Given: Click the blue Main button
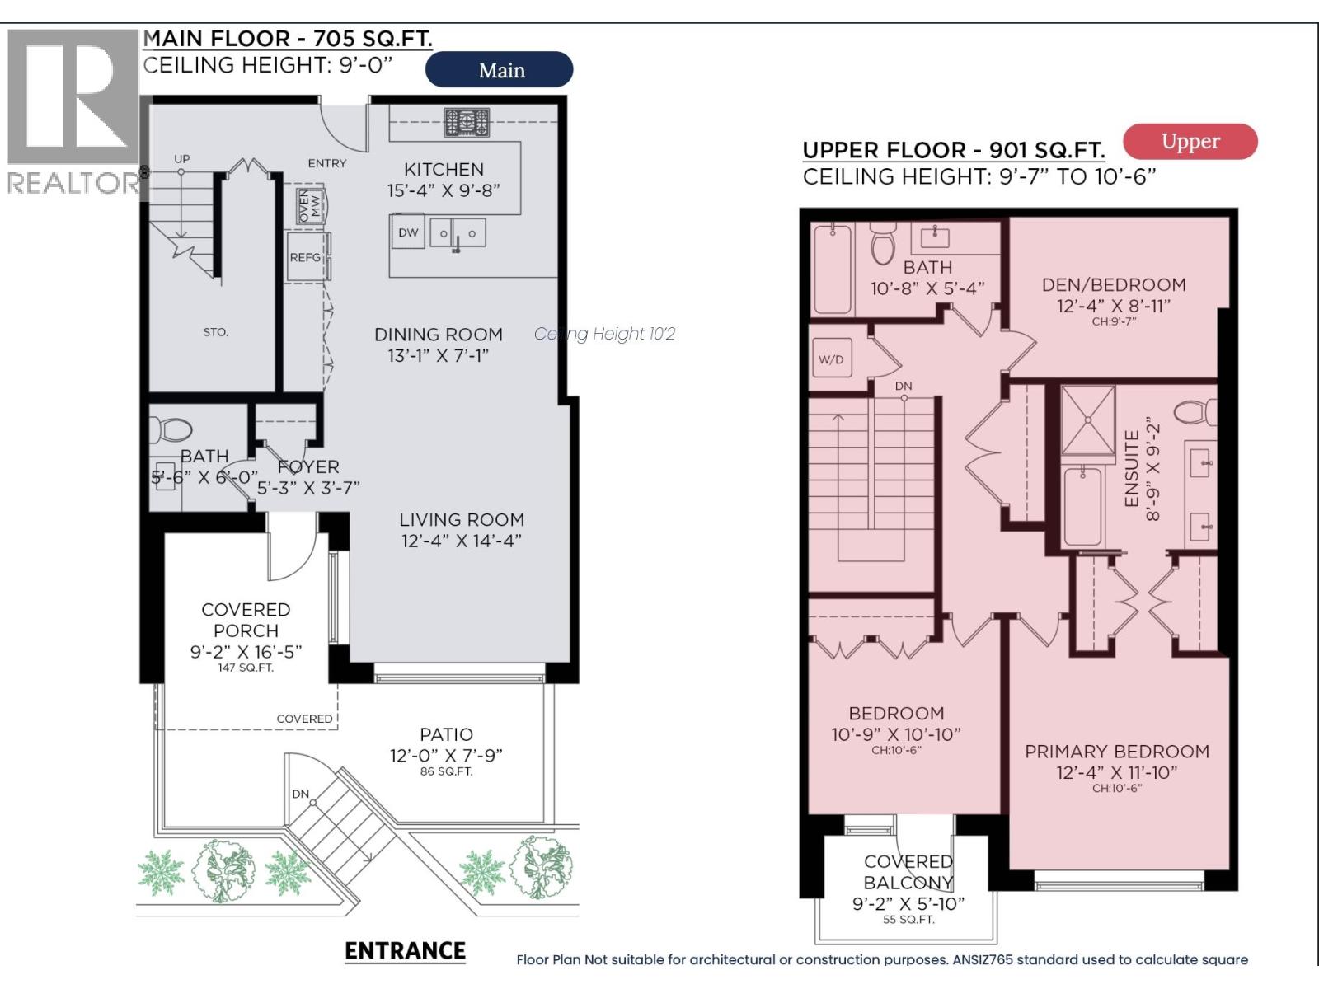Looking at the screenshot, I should point(499,70).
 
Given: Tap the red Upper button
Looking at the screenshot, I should point(1190,142).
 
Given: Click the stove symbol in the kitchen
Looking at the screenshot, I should point(467,123).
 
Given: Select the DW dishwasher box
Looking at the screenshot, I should point(408,232).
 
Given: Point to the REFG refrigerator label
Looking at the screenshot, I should point(305,258).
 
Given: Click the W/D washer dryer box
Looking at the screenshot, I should point(831,359).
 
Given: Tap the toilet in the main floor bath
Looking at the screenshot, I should point(172,429).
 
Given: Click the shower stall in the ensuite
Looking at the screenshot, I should point(1088,420).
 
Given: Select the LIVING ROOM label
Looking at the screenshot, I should point(462,520).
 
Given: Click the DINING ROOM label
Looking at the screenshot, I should point(438,335).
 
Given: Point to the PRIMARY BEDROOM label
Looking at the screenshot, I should point(1117,752).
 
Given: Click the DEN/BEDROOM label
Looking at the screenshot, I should point(1114,285).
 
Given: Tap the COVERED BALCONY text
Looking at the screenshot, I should point(908,872).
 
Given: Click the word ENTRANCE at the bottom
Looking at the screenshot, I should point(405,951).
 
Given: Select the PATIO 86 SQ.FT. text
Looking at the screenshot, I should point(446,772).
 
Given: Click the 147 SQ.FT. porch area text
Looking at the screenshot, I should point(246,668).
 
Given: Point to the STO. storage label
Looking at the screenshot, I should point(215,332).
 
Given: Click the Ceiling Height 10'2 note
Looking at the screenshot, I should point(604,334).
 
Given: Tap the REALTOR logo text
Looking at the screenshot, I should point(73,183).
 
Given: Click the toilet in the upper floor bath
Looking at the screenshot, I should point(883,245).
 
